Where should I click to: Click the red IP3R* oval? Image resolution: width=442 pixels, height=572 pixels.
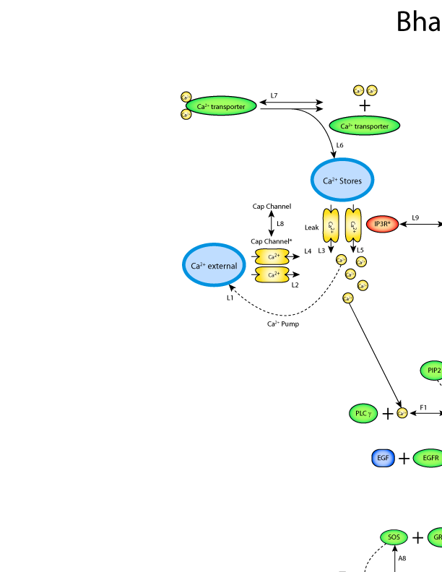point(382,225)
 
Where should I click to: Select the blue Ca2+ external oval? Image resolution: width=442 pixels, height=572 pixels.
point(214,265)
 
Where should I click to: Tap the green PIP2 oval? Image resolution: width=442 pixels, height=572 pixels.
point(433,370)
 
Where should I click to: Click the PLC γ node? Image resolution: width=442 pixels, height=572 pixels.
point(363,414)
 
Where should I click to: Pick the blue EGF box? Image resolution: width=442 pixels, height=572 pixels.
point(383,458)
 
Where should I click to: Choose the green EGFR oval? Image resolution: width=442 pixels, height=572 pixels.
point(430,458)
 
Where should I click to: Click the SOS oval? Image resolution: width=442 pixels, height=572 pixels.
point(394,537)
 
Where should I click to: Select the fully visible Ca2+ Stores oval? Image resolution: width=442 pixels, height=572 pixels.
point(342,180)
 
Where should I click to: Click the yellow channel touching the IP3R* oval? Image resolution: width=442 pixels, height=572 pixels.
point(353,225)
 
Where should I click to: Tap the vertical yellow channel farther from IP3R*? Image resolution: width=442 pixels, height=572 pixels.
point(331,225)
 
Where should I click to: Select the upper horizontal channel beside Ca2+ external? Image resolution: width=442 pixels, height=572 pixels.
point(272,256)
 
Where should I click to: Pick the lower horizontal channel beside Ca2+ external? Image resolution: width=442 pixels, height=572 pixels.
point(272,274)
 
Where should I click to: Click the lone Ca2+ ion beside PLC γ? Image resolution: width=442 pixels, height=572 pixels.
point(402,413)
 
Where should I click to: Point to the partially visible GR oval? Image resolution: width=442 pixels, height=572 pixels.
point(435,537)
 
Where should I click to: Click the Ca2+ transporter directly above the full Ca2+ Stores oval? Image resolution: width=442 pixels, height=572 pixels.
point(365,126)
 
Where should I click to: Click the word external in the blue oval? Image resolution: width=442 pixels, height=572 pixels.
point(222,266)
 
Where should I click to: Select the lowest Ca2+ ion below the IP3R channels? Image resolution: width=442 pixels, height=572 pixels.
point(347,298)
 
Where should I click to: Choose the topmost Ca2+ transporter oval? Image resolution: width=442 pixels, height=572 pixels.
point(221,106)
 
